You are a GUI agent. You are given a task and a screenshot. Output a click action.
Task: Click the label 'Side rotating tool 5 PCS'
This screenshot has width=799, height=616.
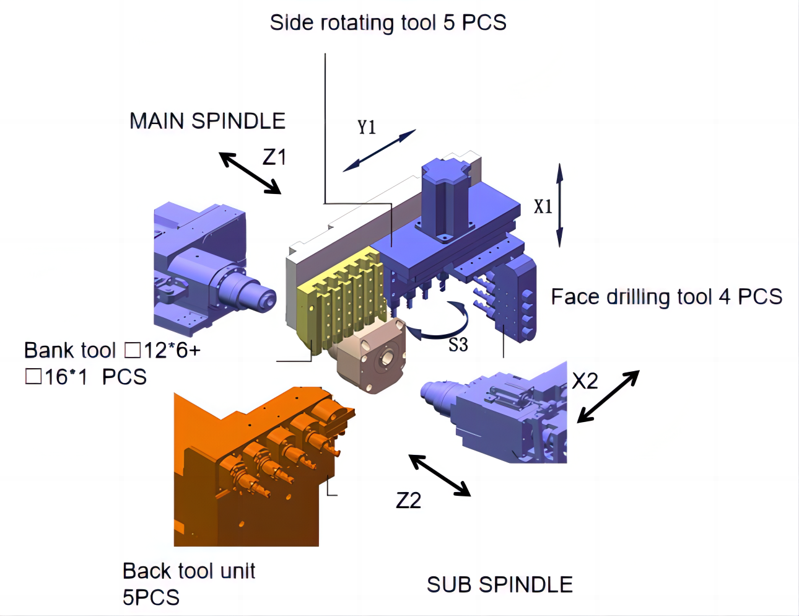pyautogui.click(x=388, y=23)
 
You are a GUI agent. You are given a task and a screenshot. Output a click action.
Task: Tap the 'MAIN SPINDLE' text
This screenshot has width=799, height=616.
pyautogui.click(x=207, y=121)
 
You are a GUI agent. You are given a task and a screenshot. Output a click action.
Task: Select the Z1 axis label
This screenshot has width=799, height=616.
pyautogui.click(x=274, y=157)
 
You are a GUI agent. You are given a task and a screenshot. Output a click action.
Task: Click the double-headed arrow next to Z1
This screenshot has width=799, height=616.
pyautogui.click(x=250, y=173)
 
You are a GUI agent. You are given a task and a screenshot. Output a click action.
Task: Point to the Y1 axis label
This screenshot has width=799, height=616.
pyautogui.click(x=367, y=127)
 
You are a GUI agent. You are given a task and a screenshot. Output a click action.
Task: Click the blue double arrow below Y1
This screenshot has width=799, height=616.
pyautogui.click(x=379, y=151)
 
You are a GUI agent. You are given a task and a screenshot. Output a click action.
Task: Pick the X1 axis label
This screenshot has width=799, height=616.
pyautogui.click(x=543, y=206)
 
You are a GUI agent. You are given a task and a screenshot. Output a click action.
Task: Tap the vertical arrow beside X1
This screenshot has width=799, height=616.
pyautogui.click(x=559, y=205)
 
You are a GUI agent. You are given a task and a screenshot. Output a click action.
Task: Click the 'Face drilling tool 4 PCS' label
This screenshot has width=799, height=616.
pyautogui.click(x=666, y=297)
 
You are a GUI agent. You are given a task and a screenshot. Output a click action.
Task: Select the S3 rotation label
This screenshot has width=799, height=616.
pyautogui.click(x=458, y=345)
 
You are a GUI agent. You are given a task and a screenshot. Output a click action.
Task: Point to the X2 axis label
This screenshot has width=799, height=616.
pyautogui.click(x=585, y=381)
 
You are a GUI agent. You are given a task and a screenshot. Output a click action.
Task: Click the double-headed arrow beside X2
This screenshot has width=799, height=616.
pyautogui.click(x=608, y=397)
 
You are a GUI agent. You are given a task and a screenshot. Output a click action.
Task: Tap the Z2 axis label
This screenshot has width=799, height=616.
pyautogui.click(x=409, y=500)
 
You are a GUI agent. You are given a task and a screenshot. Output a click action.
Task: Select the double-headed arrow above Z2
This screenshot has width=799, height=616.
pyautogui.click(x=440, y=475)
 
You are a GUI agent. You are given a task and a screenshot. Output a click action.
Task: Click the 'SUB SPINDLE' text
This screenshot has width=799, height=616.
pyautogui.click(x=500, y=584)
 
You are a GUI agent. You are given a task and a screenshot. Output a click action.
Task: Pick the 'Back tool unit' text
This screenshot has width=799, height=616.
pyautogui.click(x=189, y=571)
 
